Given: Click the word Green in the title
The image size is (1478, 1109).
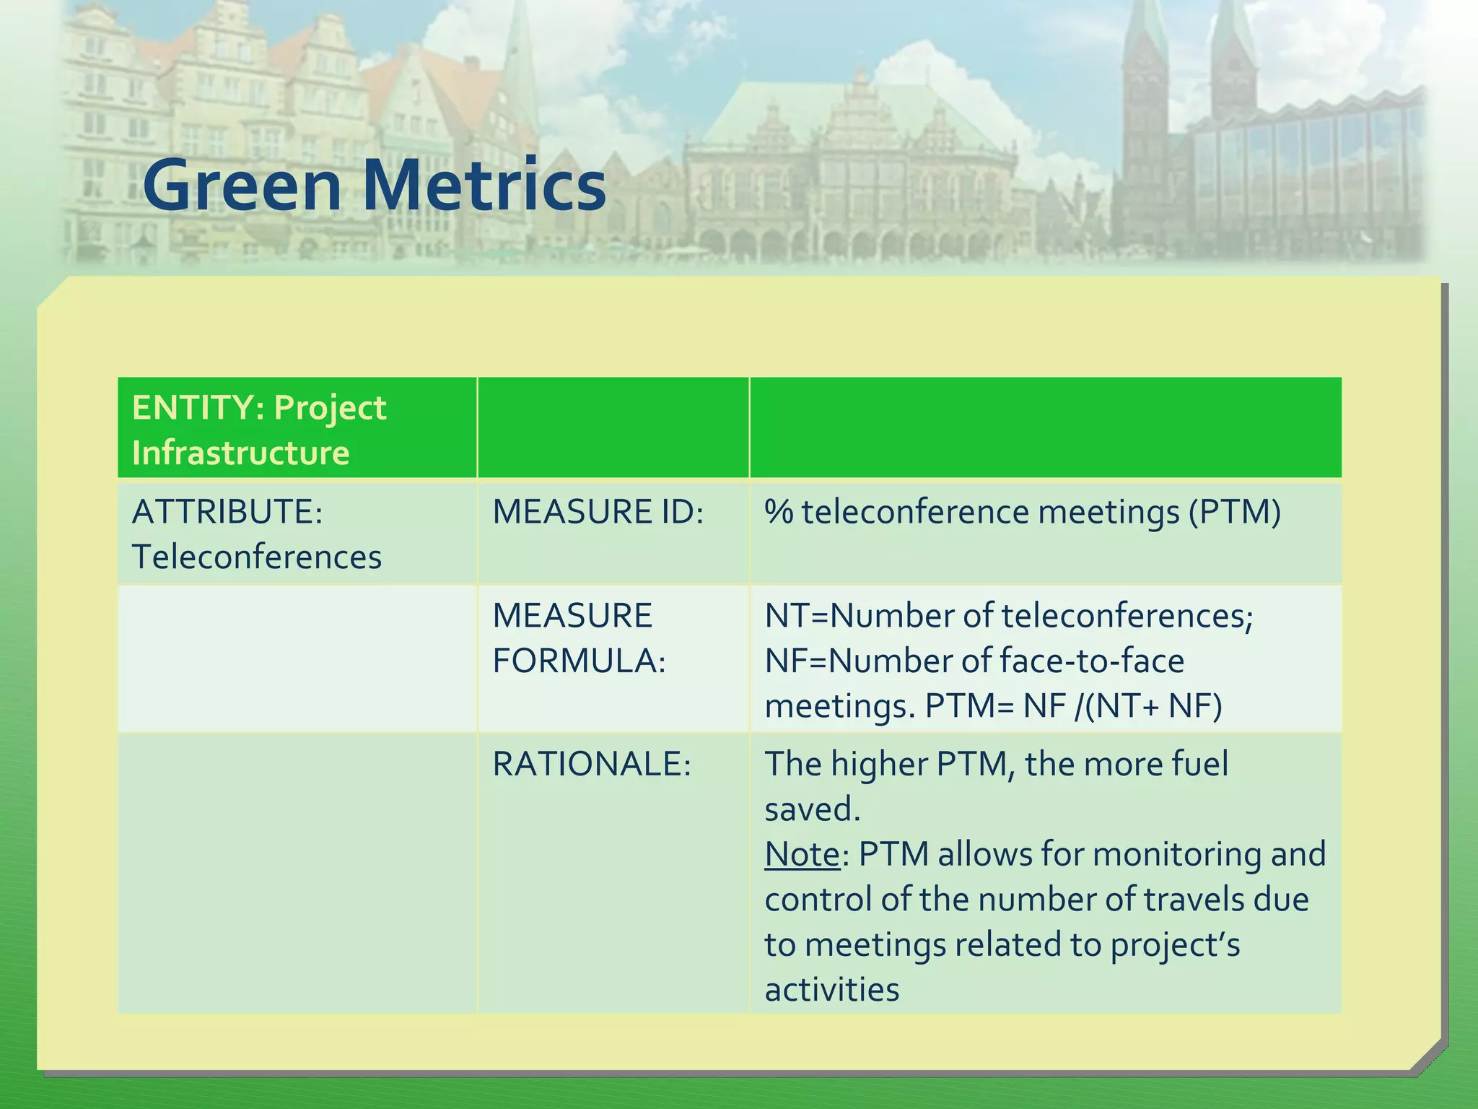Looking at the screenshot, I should click(x=242, y=186).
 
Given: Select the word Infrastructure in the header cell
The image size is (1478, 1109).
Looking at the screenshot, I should click(x=240, y=453).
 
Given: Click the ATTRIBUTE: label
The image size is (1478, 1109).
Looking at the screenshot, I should click(x=227, y=512).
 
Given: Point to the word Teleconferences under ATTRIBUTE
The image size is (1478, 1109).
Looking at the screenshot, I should click(x=256, y=557).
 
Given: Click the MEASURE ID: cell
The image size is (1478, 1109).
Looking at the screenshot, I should click(x=598, y=512).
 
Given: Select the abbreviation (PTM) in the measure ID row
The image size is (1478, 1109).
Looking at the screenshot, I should click(x=1235, y=512).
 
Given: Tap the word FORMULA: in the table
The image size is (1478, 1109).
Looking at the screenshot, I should click(x=579, y=661).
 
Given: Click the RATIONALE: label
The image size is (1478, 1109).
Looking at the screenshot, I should click(x=592, y=764).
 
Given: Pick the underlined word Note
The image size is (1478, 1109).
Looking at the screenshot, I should click(x=802, y=854).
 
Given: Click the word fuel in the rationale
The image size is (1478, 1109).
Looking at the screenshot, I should click(x=1199, y=764).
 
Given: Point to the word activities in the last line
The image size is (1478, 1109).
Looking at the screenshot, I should click(x=831, y=990).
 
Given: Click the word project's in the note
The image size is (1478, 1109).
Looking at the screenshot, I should click(x=1174, y=945).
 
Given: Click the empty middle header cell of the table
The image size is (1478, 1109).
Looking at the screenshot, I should click(x=613, y=427).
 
